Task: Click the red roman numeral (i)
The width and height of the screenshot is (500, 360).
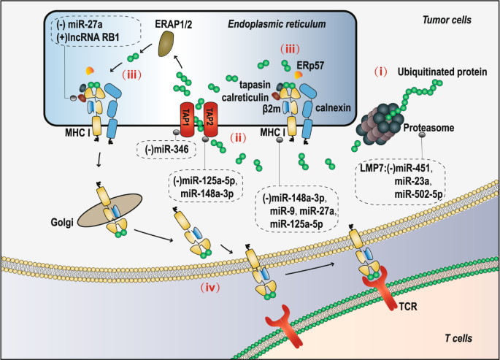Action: [x=381, y=72]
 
